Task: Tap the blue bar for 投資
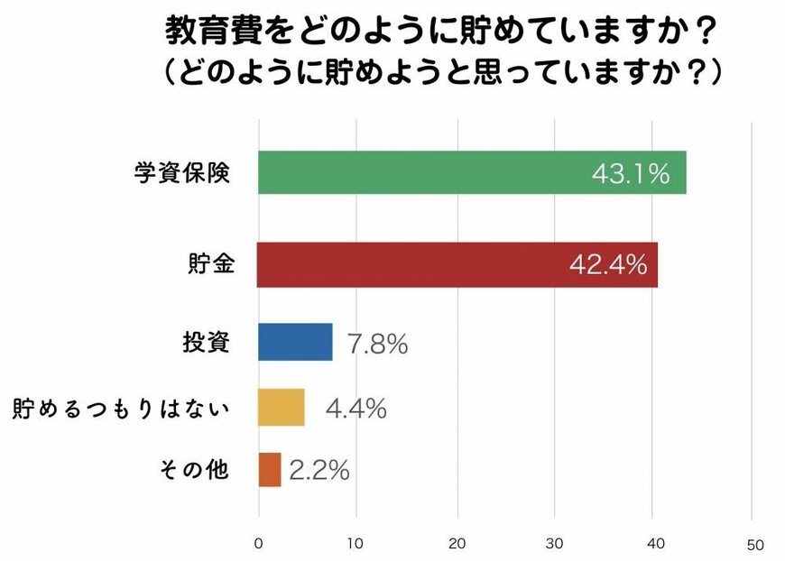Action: point(294,342)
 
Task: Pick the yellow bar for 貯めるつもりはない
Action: point(281,408)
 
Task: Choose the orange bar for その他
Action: point(269,469)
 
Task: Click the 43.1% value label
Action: point(631,173)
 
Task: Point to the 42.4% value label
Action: point(608,265)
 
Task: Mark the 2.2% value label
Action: point(319,470)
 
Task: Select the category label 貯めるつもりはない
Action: point(121,408)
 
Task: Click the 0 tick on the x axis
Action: point(259,544)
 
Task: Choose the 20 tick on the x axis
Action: point(458,544)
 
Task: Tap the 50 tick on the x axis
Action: point(754,545)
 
